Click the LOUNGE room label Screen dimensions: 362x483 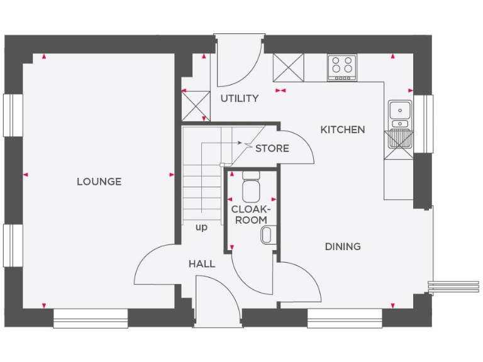pyautogui.click(x=99, y=182)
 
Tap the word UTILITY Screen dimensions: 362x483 pyautogui.click(x=239, y=99)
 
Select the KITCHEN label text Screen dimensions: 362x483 pyautogui.click(x=342, y=129)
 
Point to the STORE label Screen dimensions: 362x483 pyautogui.click(x=272, y=148)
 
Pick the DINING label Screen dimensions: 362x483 pyautogui.click(x=343, y=246)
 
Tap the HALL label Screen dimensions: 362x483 pyautogui.click(x=202, y=264)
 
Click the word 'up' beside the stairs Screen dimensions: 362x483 pyautogui.click(x=201, y=228)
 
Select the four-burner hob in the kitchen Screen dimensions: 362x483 pyautogui.click(x=341, y=67)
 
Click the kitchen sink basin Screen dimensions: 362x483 pyautogui.click(x=399, y=111)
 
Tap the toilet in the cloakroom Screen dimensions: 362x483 pyautogui.click(x=252, y=185)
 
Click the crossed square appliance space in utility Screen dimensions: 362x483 pyautogui.click(x=195, y=104)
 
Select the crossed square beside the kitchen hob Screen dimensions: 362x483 pyautogui.click(x=289, y=67)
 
